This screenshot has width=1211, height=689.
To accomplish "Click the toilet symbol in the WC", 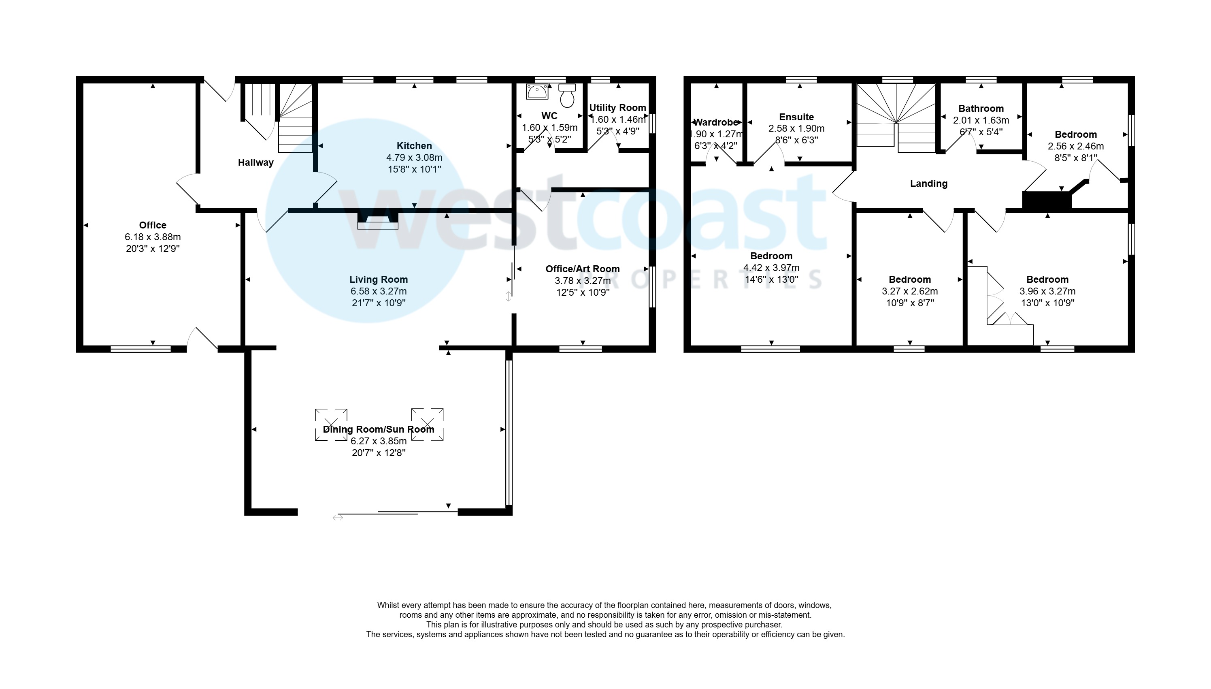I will coord(567,96).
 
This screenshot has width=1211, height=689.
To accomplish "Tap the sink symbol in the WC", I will coord(537,91).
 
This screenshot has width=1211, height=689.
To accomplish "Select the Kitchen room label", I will coord(414,146).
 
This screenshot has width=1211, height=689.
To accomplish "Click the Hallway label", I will coord(255,162).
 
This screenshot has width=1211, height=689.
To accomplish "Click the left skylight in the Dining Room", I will coord(331,424).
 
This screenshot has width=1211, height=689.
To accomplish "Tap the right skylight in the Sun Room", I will coord(427,424).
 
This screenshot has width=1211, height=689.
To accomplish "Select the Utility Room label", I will coord(617,107).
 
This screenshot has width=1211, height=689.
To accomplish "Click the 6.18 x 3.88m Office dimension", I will coord(153,237).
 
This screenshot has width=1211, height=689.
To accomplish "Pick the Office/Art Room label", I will coord(582,269).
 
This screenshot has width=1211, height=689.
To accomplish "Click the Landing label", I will coord(928,183).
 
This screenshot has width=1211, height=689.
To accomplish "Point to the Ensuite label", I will coord(796,117).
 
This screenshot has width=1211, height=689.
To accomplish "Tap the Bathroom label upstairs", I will coord(981,109).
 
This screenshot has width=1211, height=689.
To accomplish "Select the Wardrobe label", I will coord(716,122).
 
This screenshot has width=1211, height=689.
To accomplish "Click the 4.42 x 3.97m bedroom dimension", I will coord(771,268).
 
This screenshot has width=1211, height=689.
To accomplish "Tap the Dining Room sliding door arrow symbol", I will coord(338,518).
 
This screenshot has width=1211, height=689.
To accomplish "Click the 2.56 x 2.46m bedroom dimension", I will coord(1075,146).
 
